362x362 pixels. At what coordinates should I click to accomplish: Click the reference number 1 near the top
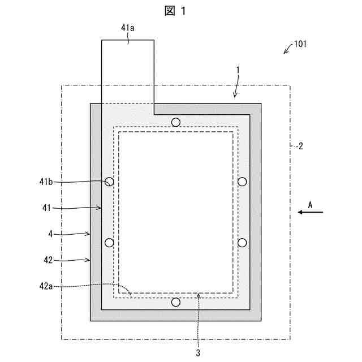[238, 70]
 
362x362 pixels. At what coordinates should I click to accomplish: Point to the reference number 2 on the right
[300, 146]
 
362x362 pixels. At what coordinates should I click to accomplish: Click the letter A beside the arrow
[310, 202]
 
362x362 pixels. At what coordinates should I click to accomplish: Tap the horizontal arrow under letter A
[311, 212]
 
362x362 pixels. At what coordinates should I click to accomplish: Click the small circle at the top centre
[176, 122]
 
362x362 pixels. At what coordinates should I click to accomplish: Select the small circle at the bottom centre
[176, 302]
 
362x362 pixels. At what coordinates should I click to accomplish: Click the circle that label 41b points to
[109, 182]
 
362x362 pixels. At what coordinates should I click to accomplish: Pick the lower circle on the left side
[109, 243]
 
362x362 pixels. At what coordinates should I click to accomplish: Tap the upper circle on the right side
[242, 182]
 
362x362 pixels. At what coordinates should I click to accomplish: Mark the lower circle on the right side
[242, 243]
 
